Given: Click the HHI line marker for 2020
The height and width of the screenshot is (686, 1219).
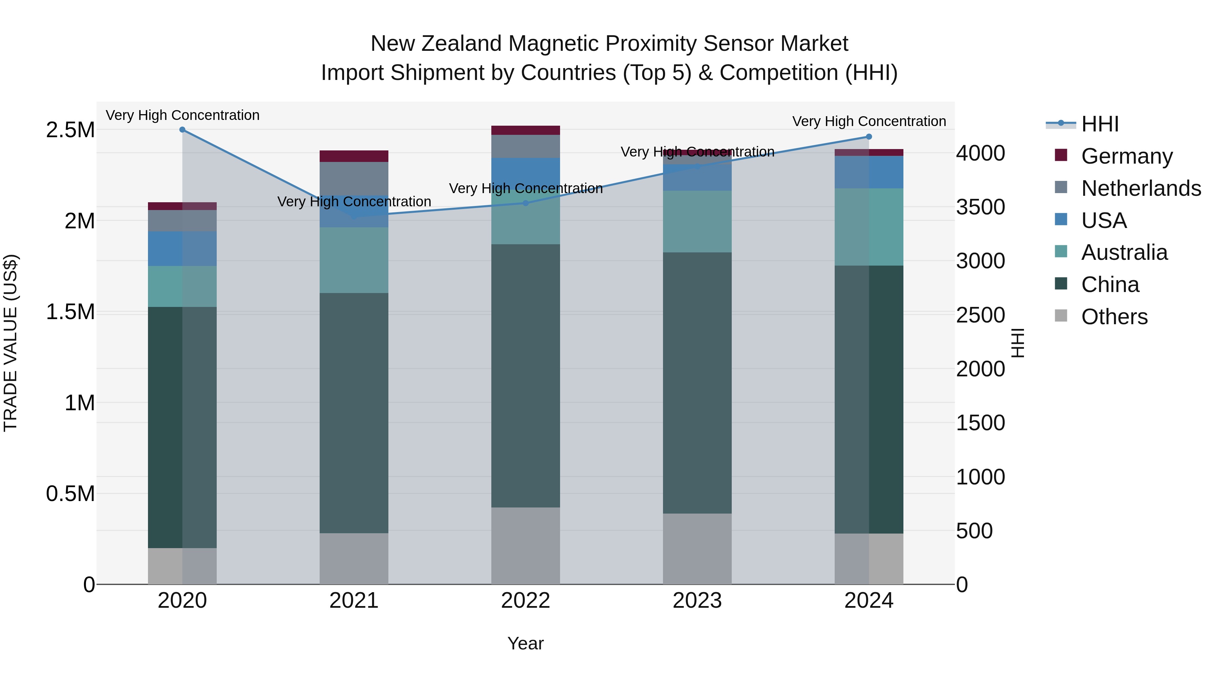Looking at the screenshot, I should pos(182,130).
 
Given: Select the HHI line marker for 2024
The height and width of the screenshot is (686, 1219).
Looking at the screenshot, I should pos(869,137).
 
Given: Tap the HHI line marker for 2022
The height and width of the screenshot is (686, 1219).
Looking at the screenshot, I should pos(525,203).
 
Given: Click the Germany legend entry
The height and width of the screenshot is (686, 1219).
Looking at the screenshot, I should pos(1126,156).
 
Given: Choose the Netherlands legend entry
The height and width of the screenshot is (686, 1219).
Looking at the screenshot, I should pos(1140,188).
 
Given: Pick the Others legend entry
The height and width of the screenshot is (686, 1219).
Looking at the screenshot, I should pos(1114,317).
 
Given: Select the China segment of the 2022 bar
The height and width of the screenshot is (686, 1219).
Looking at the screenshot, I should pos(525,376).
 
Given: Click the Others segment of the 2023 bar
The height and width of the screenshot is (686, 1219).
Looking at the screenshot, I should pos(697,549).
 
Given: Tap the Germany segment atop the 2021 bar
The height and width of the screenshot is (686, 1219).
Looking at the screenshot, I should pos(354,156).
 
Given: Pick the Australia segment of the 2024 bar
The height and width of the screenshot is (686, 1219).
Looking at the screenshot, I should pos(869,227).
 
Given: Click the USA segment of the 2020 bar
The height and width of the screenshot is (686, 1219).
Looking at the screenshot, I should pos(182,249).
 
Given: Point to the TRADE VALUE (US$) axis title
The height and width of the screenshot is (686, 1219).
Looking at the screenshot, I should pos(10,343).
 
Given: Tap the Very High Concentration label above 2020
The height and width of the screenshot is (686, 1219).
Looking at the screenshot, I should pos(182,116).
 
